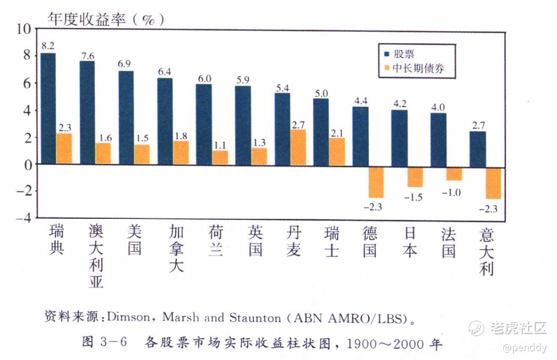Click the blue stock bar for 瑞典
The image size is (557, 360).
(x=48, y=109)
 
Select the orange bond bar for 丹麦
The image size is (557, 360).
(x=298, y=147)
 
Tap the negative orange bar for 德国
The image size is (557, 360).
(x=376, y=182)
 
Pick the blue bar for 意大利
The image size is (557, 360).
(x=477, y=149)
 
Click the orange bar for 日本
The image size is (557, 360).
(x=415, y=177)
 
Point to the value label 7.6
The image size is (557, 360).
(x=87, y=56)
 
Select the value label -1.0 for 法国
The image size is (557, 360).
(x=452, y=193)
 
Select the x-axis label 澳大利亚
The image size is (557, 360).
(x=96, y=256)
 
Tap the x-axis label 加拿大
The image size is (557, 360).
(x=176, y=248)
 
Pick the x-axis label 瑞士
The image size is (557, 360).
(x=331, y=242)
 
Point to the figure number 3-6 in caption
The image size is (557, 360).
(x=114, y=343)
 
